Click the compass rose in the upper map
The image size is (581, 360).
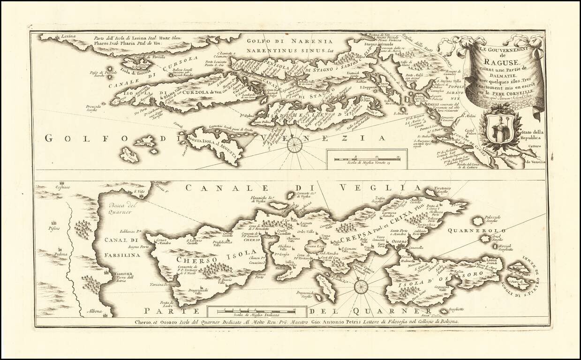click(294, 145)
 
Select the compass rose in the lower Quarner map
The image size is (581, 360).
click(361, 286)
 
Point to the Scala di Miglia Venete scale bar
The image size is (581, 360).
click(368, 159)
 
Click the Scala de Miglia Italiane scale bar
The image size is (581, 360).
click(257, 310)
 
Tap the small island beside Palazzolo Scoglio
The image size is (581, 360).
click(478, 221)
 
